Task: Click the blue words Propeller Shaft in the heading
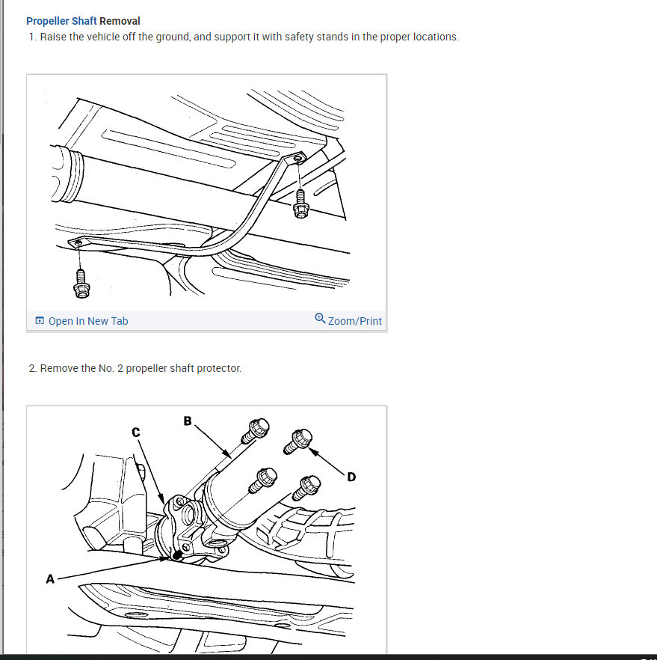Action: point(61,21)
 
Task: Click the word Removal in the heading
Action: point(120,21)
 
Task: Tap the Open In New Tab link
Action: point(88,321)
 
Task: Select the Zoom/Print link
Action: point(355,321)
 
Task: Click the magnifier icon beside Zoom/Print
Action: point(320,318)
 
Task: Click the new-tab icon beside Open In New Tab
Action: point(40,321)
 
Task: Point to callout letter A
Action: point(50,579)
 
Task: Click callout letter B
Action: point(188,421)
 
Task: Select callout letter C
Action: point(136,433)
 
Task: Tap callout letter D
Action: point(351,477)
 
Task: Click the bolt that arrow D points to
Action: point(297,441)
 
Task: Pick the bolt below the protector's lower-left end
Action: point(81,284)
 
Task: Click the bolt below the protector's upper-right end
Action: point(301,204)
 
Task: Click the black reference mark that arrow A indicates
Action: point(177,555)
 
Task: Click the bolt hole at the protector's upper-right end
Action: point(297,159)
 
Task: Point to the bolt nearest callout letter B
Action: point(255,430)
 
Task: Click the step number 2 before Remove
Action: point(32,369)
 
